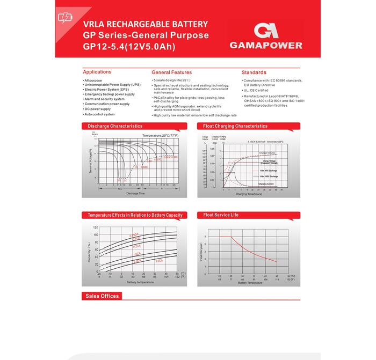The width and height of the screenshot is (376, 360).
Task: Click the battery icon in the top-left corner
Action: pyautogui.click(x=64, y=18)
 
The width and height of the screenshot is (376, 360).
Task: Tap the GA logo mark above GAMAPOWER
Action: pyautogui.click(x=265, y=30)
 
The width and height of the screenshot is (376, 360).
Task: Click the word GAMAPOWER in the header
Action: pyautogui.click(x=265, y=46)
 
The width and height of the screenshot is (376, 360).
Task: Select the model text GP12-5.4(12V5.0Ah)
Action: pyautogui.click(x=129, y=47)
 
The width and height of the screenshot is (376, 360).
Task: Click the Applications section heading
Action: pyautogui.click(x=97, y=72)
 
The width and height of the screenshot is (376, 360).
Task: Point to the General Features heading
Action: pyautogui.click(x=171, y=72)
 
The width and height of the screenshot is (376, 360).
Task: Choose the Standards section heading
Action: pyautogui.click(x=254, y=72)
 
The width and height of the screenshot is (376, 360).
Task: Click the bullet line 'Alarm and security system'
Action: pyautogui.click(x=105, y=99)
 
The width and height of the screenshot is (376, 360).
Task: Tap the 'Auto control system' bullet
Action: pyautogui.click(x=100, y=114)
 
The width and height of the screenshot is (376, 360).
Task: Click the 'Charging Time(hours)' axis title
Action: pyautogui.click(x=249, y=194)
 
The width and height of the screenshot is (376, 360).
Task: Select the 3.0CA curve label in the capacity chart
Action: pyautogui.click(x=159, y=260)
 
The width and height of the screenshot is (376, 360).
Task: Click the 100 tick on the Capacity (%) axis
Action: pyautogui.click(x=96, y=235)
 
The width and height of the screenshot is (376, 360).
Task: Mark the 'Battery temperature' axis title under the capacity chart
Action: pyautogui.click(x=140, y=282)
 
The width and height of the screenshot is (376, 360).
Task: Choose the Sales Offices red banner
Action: pyautogui.click(x=102, y=296)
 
